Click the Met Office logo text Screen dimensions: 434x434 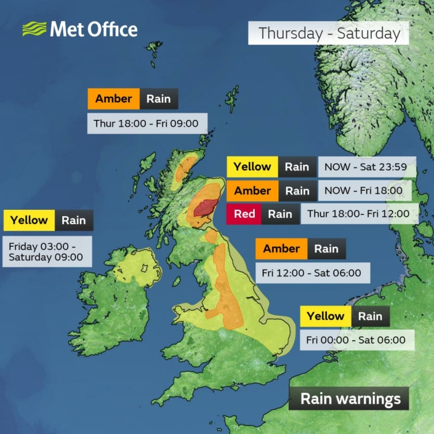[x=93, y=29]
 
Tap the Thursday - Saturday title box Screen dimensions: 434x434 [x=329, y=33]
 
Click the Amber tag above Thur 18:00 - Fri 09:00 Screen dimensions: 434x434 [x=113, y=99]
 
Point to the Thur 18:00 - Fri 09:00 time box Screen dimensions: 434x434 [x=146, y=124]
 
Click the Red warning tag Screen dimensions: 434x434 [x=244, y=214]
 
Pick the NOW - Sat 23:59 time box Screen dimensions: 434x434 [x=367, y=167]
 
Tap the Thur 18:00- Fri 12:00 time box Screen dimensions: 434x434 [x=359, y=214]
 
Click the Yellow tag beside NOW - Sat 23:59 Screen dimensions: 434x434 [x=252, y=167]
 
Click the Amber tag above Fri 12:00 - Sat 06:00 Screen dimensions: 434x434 [x=281, y=249]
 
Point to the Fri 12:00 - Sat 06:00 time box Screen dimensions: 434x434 [x=311, y=272]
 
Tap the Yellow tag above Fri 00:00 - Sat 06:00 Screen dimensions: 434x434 [x=326, y=316]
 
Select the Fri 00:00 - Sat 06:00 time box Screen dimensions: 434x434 [x=356, y=340]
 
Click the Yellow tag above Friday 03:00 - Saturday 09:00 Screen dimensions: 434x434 [x=29, y=220]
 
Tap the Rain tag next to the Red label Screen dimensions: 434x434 [x=279, y=214]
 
